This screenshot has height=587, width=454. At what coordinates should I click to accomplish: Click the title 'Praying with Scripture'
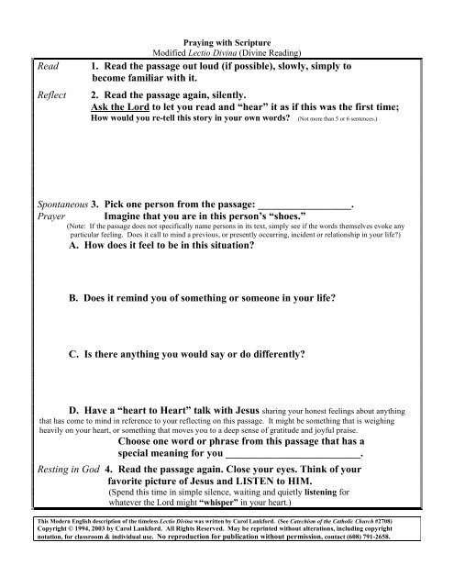coord(227,42)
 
